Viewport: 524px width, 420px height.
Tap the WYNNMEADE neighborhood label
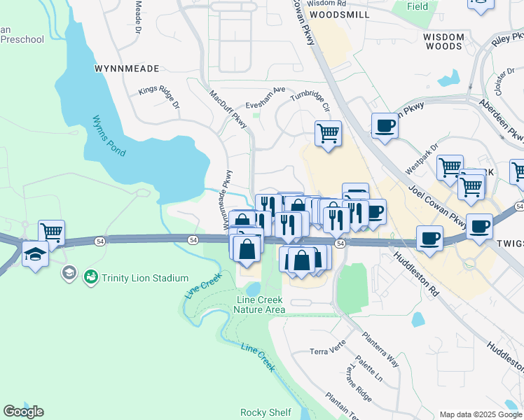coord(126,69)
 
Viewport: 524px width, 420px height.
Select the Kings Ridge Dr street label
coord(159,97)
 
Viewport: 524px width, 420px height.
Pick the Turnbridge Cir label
coord(310,101)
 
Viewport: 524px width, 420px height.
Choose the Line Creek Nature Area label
coord(260,304)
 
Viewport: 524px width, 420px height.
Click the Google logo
coord(23,411)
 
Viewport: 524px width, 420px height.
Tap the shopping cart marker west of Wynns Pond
coord(51,232)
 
